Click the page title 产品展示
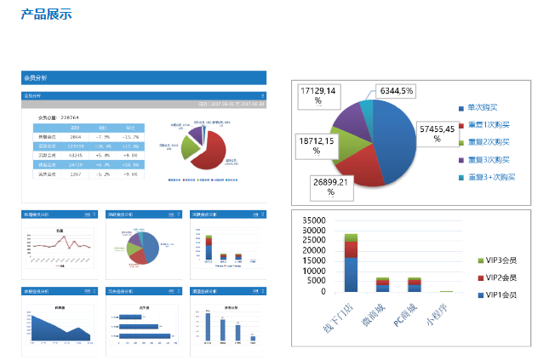click(46, 14)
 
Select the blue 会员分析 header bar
click(144, 77)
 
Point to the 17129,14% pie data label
click(319, 95)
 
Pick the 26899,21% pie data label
click(330, 186)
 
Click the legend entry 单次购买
click(485, 108)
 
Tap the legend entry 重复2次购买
click(488, 142)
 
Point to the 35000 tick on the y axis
click(312, 219)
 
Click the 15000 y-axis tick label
click(312, 260)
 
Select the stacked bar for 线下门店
click(351, 263)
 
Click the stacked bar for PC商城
click(415, 284)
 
